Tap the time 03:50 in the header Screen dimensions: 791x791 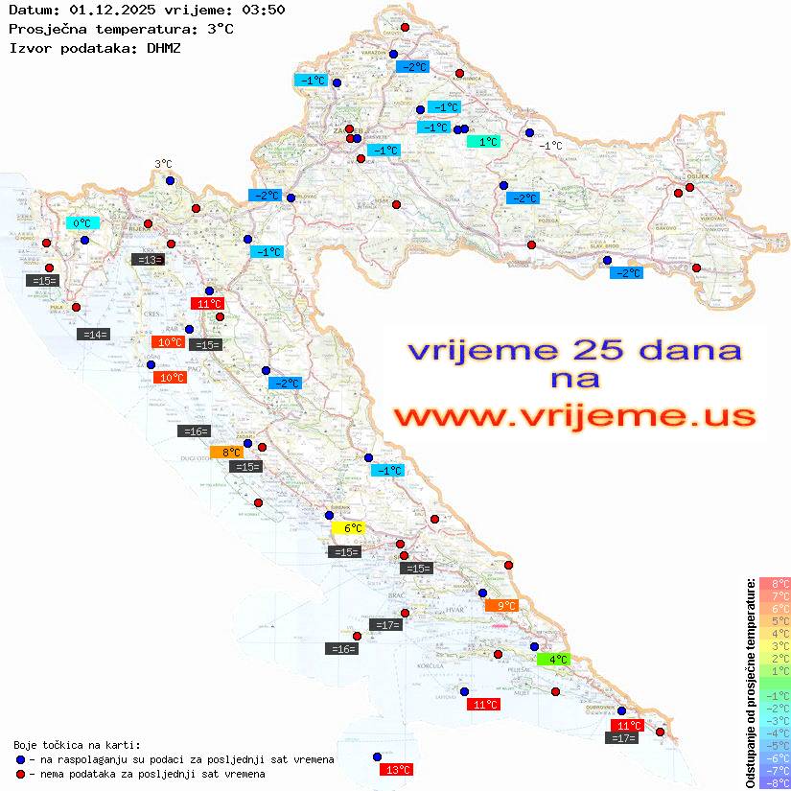(x=264, y=10)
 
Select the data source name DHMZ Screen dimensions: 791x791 (x=164, y=47)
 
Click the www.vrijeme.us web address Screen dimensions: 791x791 (x=573, y=417)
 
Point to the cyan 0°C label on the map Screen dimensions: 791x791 (x=82, y=223)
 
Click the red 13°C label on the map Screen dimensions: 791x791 (x=397, y=769)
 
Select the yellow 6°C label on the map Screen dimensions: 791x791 (x=349, y=528)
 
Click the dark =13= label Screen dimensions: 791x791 (x=148, y=259)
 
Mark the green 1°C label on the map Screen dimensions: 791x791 (x=483, y=141)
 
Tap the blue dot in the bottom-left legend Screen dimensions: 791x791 (x=20, y=759)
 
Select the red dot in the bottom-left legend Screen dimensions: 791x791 (x=20, y=774)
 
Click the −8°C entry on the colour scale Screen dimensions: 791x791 (x=775, y=782)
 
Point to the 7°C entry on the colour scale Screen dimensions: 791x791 (x=775, y=595)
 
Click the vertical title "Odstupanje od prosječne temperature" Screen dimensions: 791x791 (x=750, y=682)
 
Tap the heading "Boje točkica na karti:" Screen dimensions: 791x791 (x=77, y=745)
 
